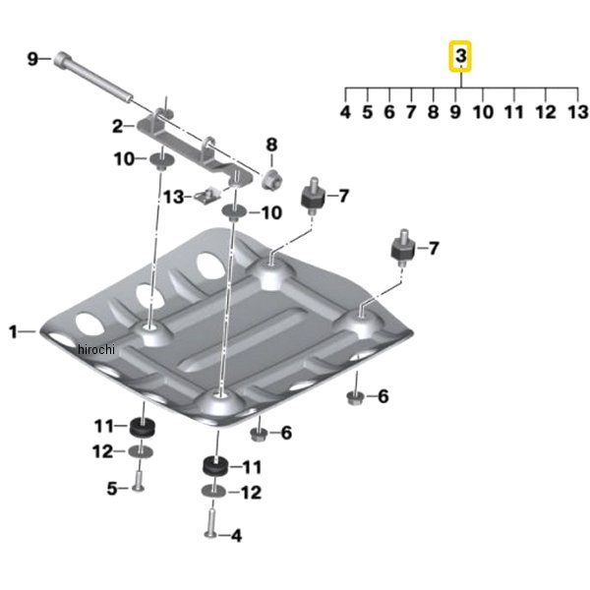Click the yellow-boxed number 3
click(461, 56)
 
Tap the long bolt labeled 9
click(93, 78)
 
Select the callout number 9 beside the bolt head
click(32, 59)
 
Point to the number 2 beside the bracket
click(118, 127)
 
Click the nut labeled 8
click(272, 180)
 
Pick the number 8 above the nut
click(271, 145)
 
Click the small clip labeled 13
click(206, 196)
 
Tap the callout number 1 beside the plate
click(13, 332)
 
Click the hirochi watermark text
click(96, 349)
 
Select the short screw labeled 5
click(139, 481)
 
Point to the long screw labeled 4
click(211, 522)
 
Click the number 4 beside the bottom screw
click(236, 536)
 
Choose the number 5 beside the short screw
click(112, 489)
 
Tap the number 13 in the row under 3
click(577, 112)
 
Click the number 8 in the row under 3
click(433, 112)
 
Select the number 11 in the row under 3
click(514, 112)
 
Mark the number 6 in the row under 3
click(389, 112)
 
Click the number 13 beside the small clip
click(174, 197)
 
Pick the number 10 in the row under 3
click(483, 112)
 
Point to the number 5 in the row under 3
click(367, 112)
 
